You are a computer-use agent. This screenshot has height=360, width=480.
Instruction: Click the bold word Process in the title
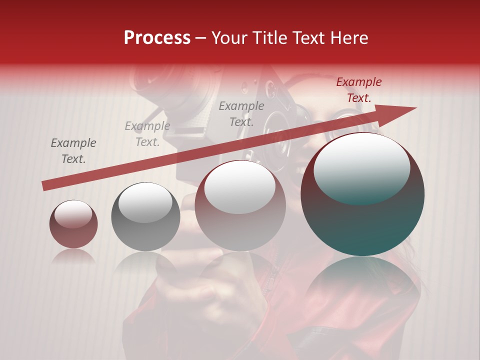pos(157,38)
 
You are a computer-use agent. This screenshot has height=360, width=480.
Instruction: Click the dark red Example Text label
pos(358,90)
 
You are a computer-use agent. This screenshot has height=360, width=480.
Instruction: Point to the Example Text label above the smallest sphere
pos(73,151)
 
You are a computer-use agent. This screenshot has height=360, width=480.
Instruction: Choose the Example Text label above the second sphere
pos(147,134)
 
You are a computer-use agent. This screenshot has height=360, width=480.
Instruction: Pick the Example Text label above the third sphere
pos(241,113)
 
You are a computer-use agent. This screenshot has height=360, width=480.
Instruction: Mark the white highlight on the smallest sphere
pos(73,214)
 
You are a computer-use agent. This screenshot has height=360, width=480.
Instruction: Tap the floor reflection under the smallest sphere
pos(73,256)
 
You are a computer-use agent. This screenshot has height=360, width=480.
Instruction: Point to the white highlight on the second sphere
pos(145,202)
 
